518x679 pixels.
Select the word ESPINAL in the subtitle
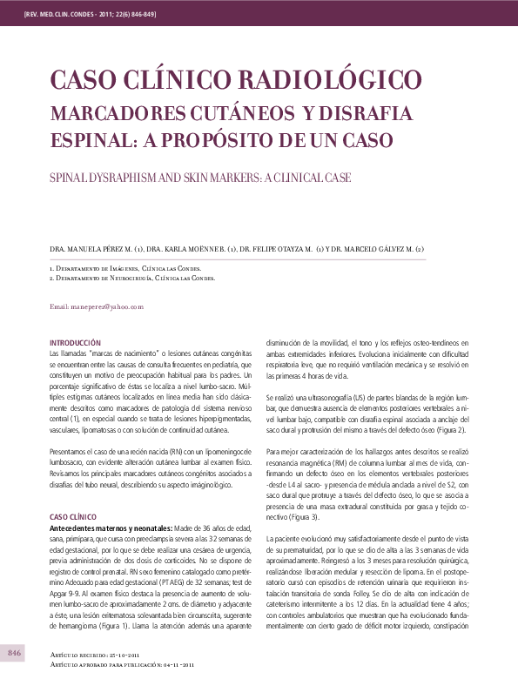[x=90, y=138]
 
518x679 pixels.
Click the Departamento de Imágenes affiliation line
[x=124, y=270]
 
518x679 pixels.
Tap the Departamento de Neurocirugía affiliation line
[x=131, y=279]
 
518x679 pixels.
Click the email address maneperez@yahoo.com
[x=97, y=307]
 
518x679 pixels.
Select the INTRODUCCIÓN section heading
[x=76, y=343]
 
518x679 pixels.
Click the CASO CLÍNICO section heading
[x=72, y=516]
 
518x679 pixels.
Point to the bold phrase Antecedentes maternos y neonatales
[x=110, y=528]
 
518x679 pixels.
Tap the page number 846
[x=15, y=653]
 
